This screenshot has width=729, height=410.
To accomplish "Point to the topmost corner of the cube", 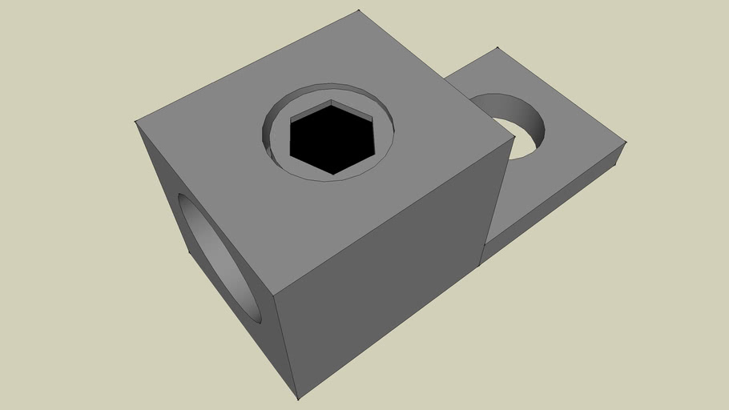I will [x=358, y=10].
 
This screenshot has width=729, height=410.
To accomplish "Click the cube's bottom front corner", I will [x=297, y=399].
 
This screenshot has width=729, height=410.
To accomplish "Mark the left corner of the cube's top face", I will [x=135, y=122].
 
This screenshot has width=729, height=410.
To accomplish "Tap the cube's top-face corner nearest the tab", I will [x=514, y=136].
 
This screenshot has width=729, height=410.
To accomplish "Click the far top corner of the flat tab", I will [x=497, y=47].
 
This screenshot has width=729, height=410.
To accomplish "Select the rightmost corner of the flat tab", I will [x=626, y=143].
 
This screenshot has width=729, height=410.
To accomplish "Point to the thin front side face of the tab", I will [x=553, y=208].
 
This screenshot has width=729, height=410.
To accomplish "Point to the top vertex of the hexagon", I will [x=331, y=101].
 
